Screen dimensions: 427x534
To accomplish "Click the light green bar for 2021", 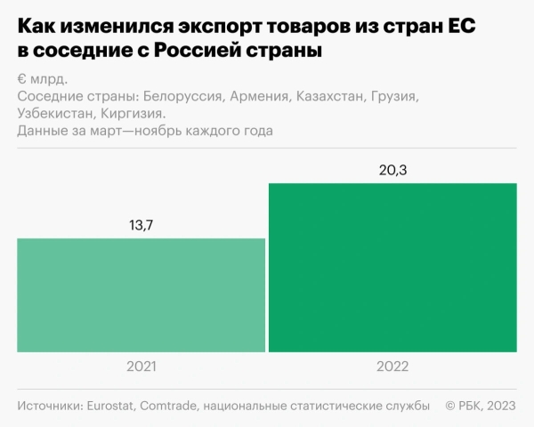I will [142, 294].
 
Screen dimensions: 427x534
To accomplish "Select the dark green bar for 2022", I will [392, 267].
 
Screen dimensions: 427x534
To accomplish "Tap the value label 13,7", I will [142, 225].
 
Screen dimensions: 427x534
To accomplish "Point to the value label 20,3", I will [392, 170].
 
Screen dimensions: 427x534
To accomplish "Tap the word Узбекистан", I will [54, 114].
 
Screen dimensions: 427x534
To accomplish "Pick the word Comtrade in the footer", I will [170, 406].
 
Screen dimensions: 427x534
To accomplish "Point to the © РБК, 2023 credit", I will [481, 406].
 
